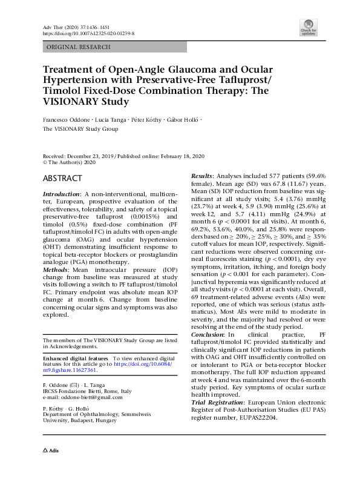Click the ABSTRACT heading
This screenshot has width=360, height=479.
click(x=62, y=179)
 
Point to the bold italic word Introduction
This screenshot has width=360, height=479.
click(x=62, y=193)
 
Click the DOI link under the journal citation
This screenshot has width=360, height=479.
click(x=88, y=35)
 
